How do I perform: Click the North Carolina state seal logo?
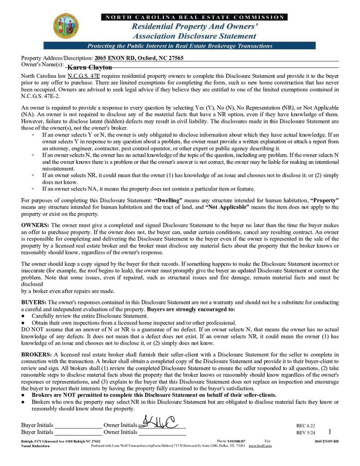(x=65, y=26)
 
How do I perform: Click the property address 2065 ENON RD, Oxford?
(x=139, y=58)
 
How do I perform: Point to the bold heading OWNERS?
(x=35, y=225)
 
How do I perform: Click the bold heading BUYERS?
(x=34, y=302)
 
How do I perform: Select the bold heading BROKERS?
(x=37, y=354)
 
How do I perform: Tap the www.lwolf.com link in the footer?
(x=260, y=446)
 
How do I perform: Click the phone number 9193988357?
(x=237, y=441)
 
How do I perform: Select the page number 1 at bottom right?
(x=330, y=431)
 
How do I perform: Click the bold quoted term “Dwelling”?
(x=168, y=200)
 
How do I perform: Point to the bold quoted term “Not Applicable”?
(x=227, y=207)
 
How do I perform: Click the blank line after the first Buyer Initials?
(x=77, y=425)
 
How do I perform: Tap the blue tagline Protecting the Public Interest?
(x=179, y=46)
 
